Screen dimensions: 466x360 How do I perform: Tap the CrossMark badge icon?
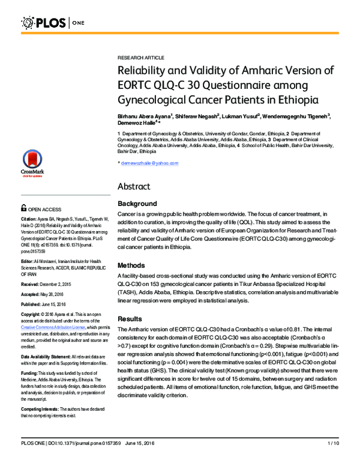point(32,163)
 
